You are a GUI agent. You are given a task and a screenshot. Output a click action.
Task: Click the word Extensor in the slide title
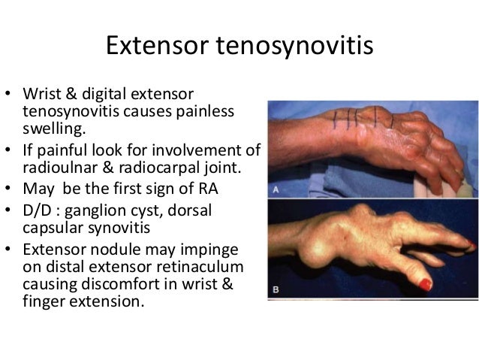click(x=156, y=47)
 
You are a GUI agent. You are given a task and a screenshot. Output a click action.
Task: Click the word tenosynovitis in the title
click(x=294, y=47)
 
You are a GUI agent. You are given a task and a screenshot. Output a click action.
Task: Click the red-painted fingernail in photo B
click(x=424, y=285)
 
